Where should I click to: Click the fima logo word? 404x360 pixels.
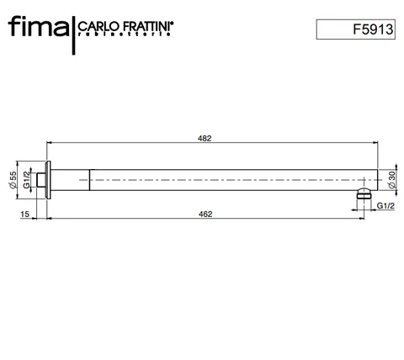tap(39, 26)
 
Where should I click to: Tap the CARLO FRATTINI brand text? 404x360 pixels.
tap(125, 26)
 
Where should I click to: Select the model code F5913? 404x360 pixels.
tap(373, 29)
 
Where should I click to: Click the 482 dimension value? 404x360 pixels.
tap(205, 138)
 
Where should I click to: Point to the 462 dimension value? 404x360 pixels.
tap(205, 214)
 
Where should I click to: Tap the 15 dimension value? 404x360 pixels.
tap(25, 214)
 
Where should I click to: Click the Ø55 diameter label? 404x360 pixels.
tap(13, 180)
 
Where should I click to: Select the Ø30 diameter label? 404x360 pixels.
tap(392, 179)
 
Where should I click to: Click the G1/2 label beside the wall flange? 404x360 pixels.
tap(26, 180)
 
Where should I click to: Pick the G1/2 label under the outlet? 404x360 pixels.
tap(385, 206)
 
